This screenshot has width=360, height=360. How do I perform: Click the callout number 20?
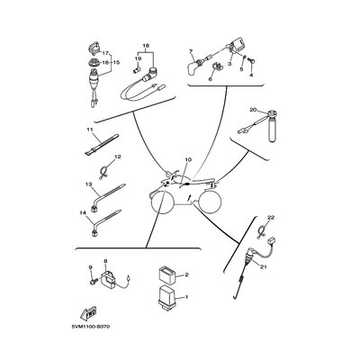point(253,110)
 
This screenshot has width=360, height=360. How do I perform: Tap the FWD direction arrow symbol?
point(87,312)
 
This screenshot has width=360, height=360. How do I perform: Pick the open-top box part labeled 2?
point(166,275)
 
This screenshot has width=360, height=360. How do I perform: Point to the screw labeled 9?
point(93,282)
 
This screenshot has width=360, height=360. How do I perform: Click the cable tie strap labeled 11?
point(102,146)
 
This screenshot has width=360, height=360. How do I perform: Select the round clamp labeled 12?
point(103,174)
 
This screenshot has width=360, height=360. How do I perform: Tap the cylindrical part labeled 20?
point(272,127)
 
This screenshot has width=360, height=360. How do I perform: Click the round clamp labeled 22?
point(263,231)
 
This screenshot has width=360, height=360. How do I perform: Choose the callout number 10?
point(188,160)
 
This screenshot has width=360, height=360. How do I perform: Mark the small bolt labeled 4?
point(251,61)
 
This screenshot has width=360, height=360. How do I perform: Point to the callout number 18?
point(146,46)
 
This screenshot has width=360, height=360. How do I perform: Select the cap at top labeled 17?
point(93,48)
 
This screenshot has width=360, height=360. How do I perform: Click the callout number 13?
point(88,184)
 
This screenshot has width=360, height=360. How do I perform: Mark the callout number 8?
point(105,262)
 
